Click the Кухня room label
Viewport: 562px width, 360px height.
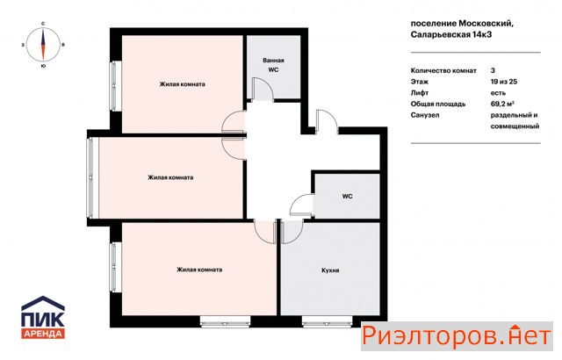(330, 270)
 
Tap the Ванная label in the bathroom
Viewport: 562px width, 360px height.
(273, 61)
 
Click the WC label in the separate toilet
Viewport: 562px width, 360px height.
(347, 197)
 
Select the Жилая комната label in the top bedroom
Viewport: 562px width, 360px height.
(183, 84)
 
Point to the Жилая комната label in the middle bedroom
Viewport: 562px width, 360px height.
(170, 177)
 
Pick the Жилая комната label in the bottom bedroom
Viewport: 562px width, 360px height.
(199, 270)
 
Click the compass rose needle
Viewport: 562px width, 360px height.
(43, 45)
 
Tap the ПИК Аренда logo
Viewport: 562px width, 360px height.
(43, 317)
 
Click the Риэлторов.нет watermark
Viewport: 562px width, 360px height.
(457, 336)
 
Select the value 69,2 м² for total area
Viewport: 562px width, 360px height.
(502, 104)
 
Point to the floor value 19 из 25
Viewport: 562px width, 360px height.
(503, 82)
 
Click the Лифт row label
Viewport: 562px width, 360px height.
(420, 93)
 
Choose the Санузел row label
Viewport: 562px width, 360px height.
(425, 115)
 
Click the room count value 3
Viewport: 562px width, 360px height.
(493, 70)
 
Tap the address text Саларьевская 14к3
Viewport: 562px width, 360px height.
(450, 35)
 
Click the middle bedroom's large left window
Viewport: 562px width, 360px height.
(90, 177)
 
